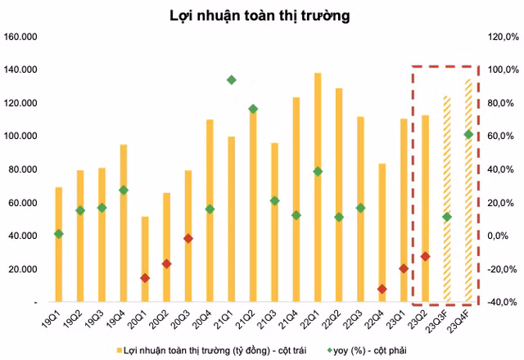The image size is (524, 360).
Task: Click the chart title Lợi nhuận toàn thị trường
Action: pyautogui.click(x=260, y=15)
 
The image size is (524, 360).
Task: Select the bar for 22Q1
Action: pyautogui.click(x=318, y=187)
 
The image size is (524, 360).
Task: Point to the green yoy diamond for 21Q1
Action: pyautogui.click(x=232, y=80)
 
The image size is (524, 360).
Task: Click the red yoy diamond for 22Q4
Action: pyautogui.click(x=382, y=289)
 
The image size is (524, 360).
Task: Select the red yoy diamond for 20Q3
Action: pyautogui.click(x=188, y=239)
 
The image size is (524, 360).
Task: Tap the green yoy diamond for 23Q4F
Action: pyautogui.click(x=468, y=134)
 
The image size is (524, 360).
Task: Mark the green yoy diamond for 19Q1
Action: pyautogui.click(x=59, y=234)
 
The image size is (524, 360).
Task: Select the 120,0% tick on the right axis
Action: pyautogui.click(x=501, y=37)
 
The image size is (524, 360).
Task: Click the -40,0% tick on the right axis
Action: pyautogui.click(x=501, y=302)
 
